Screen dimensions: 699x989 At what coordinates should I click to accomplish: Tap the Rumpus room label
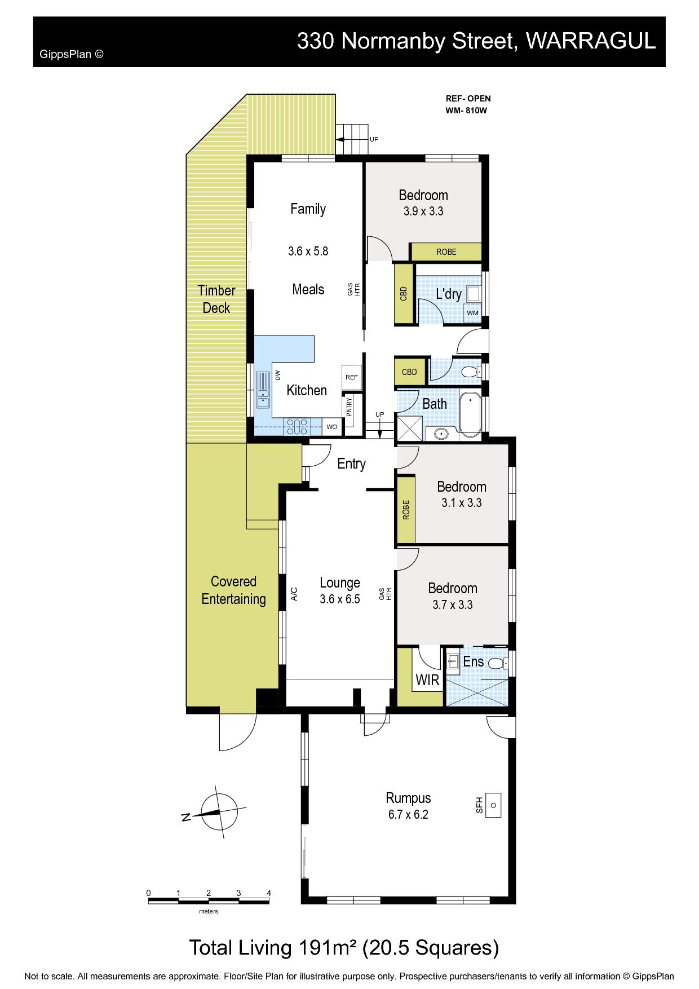pos(408,798)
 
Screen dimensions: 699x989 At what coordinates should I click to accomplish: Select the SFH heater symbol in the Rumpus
pos(493,805)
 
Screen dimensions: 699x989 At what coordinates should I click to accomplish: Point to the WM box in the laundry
pos(472,313)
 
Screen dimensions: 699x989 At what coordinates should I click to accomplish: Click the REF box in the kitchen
pos(351,377)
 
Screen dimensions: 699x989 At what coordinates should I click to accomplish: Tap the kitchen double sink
pos(263,390)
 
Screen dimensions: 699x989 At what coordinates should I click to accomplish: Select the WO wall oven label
pos(332,427)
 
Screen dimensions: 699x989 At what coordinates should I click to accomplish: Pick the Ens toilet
pos(496,664)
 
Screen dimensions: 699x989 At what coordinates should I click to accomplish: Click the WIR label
pos(427,680)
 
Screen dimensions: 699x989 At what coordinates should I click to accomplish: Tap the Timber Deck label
pos(216,299)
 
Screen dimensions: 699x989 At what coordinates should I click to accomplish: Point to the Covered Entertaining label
pos(233,590)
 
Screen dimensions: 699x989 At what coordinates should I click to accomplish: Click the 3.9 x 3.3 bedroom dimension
pos(423,211)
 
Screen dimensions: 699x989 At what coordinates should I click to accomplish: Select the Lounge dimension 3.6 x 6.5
pos(340,599)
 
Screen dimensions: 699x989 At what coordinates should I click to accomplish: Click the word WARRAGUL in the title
pos(590,41)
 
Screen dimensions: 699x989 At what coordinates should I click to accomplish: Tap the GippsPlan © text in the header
pos(72,54)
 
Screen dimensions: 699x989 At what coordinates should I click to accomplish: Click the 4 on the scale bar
pos(269,893)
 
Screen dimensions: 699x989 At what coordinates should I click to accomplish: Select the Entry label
pos(351,464)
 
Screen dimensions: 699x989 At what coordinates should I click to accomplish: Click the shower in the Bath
pos(410,428)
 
